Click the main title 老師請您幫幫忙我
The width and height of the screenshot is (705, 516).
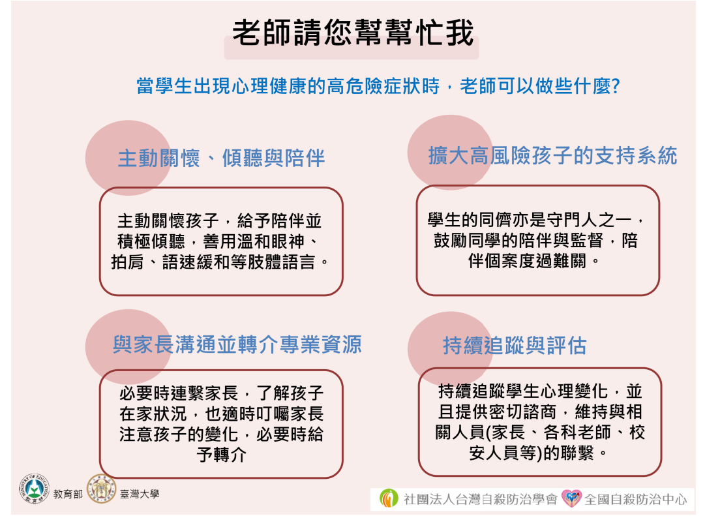[353, 33]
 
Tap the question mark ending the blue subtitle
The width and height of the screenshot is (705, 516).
[616, 85]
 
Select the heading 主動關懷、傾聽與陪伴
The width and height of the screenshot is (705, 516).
[221, 159]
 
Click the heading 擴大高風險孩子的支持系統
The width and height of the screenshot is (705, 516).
[552, 156]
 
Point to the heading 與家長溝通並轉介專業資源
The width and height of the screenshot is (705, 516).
[237, 344]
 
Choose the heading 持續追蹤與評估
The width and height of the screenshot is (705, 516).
[515, 346]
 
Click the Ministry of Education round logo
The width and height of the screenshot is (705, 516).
[34, 489]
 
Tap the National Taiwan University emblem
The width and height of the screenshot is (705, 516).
[101, 489]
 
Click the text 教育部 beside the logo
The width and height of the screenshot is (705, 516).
[68, 494]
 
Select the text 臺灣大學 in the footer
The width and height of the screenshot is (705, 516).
[140, 494]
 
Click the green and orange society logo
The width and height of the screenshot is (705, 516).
[389, 498]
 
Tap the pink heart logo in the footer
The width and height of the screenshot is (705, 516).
[572, 498]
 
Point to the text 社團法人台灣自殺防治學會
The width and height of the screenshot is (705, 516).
[480, 499]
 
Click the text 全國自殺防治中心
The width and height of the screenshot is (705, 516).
[636, 499]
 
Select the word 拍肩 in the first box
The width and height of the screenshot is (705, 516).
[127, 262]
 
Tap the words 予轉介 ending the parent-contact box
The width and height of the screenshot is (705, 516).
[221, 455]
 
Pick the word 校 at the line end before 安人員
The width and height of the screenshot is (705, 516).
[637, 433]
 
